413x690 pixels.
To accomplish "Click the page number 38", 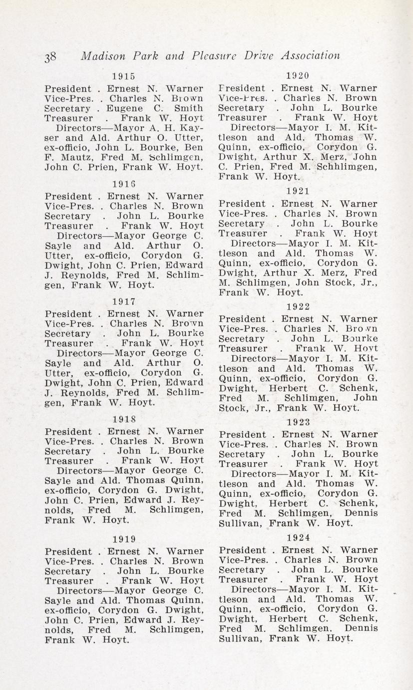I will [x=50, y=56].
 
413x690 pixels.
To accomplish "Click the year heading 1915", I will [x=124, y=76].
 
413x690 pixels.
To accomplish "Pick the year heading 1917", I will [x=124, y=301].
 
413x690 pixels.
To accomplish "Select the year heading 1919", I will [x=124, y=539].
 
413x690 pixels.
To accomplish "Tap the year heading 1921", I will [x=298, y=190].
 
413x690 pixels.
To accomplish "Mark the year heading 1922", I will [x=298, y=306].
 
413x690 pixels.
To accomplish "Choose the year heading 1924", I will [x=298, y=537].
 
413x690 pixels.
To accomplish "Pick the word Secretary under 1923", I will [x=242, y=454].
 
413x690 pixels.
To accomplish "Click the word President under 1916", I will [x=68, y=196].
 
